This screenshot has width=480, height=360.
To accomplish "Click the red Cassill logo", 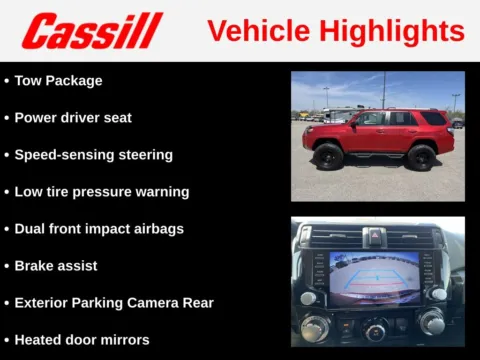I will click(92, 30).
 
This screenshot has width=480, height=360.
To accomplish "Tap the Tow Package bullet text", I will click(58, 80).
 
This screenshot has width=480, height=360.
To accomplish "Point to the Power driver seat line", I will click(73, 117).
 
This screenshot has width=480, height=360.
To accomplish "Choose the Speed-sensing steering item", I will click(93, 154).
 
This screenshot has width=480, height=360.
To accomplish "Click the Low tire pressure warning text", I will click(101, 191).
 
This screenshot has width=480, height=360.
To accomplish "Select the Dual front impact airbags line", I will click(99, 228).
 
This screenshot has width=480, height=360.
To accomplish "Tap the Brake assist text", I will click(56, 265).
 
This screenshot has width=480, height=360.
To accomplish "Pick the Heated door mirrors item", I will click(82, 339).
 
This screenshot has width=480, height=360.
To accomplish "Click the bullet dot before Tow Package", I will click(7, 80).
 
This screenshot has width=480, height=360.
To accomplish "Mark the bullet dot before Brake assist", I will click(7, 266).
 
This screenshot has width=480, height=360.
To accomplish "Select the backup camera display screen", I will click(374, 279).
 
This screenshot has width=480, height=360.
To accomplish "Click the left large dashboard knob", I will click(317, 323).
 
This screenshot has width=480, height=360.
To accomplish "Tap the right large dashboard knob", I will click(432, 321).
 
